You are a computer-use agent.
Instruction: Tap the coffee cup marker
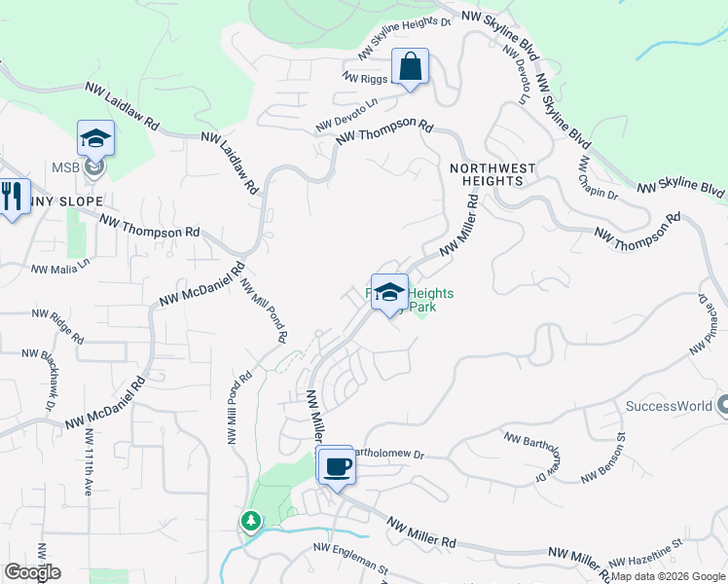pyautogui.click(x=337, y=467)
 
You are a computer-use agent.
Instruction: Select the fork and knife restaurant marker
pyautogui.click(x=10, y=198)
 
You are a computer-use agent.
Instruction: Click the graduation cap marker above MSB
pyautogui.click(x=95, y=140)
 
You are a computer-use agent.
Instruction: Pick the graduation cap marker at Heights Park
pyautogui.click(x=389, y=293)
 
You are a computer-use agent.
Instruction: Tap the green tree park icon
pyautogui.click(x=251, y=522)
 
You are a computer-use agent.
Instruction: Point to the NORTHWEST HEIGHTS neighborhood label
pyautogui.click(x=492, y=174)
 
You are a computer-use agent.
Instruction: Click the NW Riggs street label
pyautogui.click(x=365, y=74)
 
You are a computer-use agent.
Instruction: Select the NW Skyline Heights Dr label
pyautogui.click(x=406, y=35)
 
